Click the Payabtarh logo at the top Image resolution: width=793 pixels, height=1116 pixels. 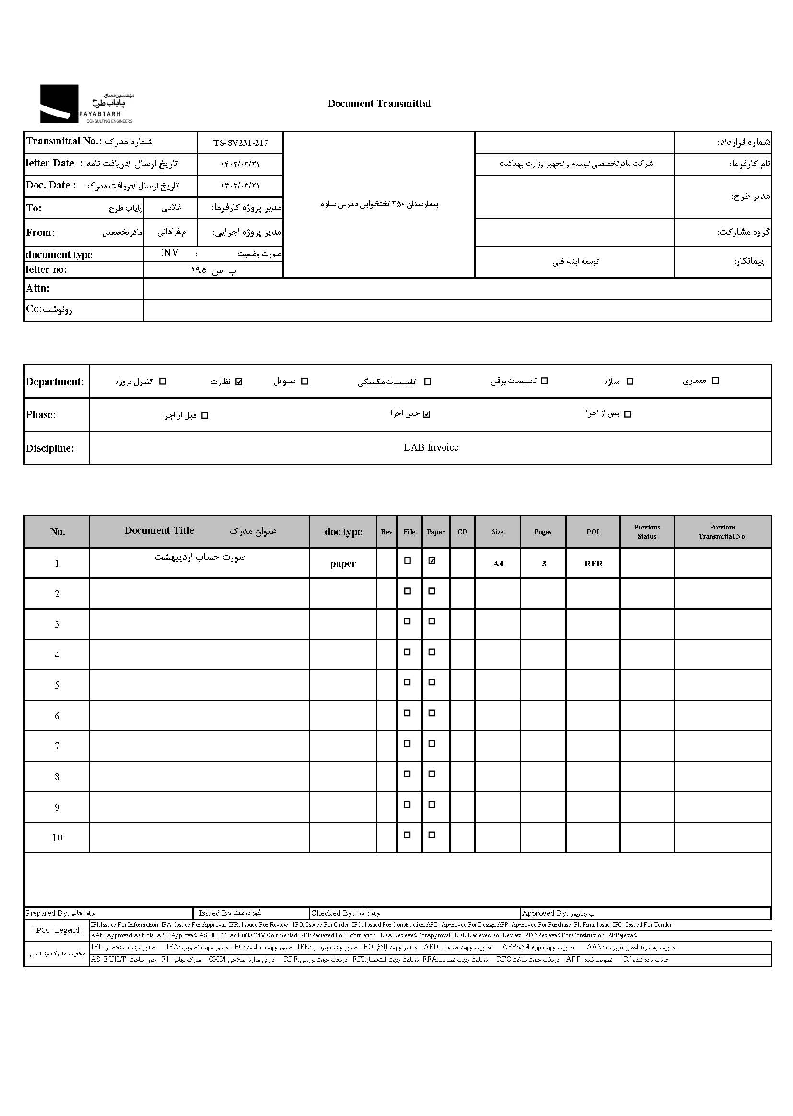(x=86, y=104)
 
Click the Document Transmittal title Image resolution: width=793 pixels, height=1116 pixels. (x=379, y=104)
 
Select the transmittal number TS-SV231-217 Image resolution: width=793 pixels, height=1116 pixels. (x=240, y=143)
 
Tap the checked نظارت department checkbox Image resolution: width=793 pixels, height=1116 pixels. (x=239, y=381)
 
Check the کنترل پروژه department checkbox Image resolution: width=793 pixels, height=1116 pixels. (x=163, y=381)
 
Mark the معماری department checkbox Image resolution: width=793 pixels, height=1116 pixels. (x=715, y=381)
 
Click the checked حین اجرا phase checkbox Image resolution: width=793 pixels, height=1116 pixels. (x=426, y=414)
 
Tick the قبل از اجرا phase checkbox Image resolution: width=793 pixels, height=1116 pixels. (x=205, y=415)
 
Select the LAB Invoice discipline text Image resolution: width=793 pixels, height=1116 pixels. (x=431, y=447)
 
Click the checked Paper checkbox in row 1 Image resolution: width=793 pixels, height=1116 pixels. (x=431, y=561)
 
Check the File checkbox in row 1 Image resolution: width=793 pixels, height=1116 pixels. (x=407, y=561)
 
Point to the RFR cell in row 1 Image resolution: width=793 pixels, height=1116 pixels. (x=593, y=564)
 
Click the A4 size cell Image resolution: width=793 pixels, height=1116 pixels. (x=498, y=564)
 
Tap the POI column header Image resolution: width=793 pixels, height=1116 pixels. (x=593, y=532)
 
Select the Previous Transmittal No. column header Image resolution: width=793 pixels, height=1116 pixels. (x=722, y=532)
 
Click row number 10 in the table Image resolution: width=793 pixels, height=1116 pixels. (x=57, y=838)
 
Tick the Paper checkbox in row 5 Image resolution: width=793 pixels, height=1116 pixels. (x=431, y=682)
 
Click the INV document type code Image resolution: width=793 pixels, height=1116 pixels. (x=169, y=253)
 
